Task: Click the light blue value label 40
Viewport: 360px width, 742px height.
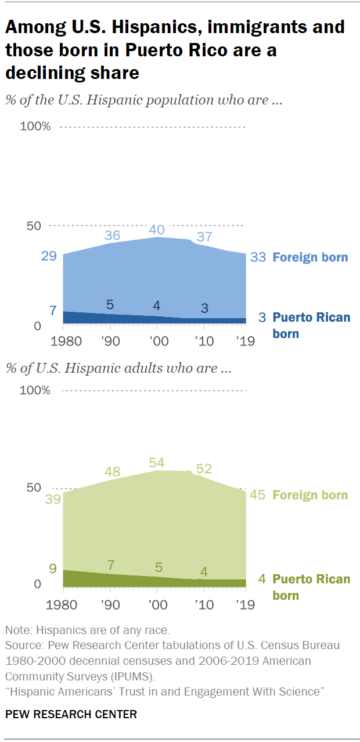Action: point(157,230)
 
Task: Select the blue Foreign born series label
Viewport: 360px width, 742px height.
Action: point(311,257)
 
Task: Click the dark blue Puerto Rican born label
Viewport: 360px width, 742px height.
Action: point(311,325)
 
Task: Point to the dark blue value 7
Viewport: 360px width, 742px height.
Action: point(53,311)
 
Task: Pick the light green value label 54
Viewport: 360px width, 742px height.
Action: point(157,463)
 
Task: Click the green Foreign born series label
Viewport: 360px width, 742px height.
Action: point(311,495)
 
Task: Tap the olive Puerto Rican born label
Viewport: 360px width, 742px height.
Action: point(311,587)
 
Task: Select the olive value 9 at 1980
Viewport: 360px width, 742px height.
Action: point(53,568)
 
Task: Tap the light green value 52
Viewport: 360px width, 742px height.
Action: point(204,469)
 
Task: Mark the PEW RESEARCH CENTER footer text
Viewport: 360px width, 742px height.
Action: point(71,714)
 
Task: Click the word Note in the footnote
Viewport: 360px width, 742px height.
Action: point(17,629)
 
